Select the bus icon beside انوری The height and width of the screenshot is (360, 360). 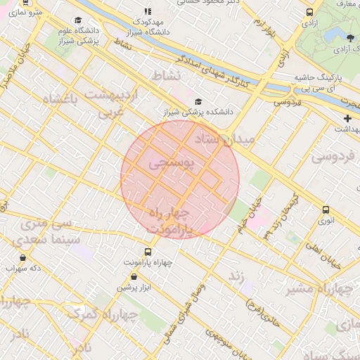pyautogui.click(x=325, y=210)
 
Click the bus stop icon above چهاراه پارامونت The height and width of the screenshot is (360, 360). pyautogui.click(x=148, y=251)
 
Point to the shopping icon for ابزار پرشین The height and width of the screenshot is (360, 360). pyautogui.click(x=148, y=276)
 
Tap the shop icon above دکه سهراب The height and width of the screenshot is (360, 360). pyautogui.click(x=23, y=257)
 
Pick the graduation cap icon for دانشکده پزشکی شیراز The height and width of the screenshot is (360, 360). pyautogui.click(x=198, y=101)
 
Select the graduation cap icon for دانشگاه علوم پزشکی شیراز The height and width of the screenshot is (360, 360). pyautogui.click(x=77, y=21)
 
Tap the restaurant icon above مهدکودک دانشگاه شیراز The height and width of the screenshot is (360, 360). pyautogui.click(x=147, y=11)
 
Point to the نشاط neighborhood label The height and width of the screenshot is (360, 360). pyautogui.click(x=166, y=75)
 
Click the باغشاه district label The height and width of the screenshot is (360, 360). pyautogui.click(x=58, y=98)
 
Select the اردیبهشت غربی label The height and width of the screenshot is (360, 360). pyautogui.click(x=112, y=103)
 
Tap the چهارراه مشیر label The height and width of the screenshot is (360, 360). pyautogui.click(x=321, y=288)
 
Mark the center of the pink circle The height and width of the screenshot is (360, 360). pyautogui.click(x=180, y=179)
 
